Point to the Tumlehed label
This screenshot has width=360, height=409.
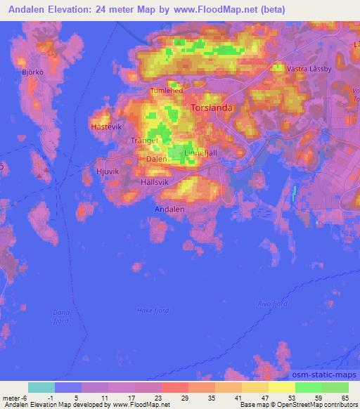point(166,91)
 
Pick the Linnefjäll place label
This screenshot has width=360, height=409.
point(199,152)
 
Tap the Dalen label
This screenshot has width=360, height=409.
point(155,159)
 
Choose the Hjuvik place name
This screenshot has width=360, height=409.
point(109,171)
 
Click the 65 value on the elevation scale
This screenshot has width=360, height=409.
point(344,397)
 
